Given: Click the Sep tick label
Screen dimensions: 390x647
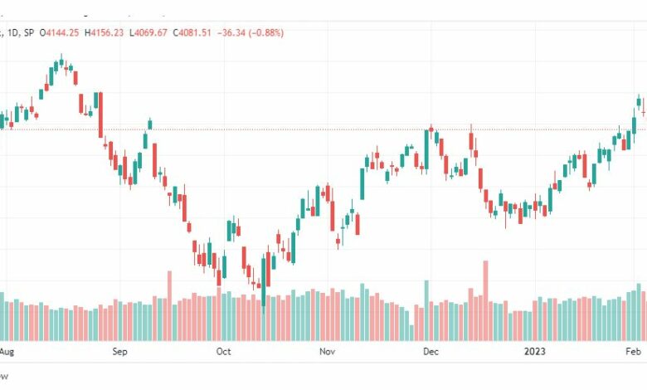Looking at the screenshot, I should click(x=120, y=351).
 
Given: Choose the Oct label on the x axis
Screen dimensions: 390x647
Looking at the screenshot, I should click(x=223, y=351).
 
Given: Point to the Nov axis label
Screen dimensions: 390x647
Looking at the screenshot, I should click(x=327, y=351).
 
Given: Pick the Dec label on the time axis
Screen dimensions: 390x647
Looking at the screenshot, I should click(x=431, y=351).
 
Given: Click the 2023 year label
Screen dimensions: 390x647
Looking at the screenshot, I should click(x=535, y=351).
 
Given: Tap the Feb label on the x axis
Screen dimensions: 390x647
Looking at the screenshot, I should click(x=633, y=351).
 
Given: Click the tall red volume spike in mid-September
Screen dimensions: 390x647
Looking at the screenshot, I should click(x=169, y=302).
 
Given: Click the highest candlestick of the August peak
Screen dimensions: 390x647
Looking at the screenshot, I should click(x=61, y=61).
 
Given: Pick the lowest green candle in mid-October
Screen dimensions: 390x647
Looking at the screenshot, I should click(x=263, y=282).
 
